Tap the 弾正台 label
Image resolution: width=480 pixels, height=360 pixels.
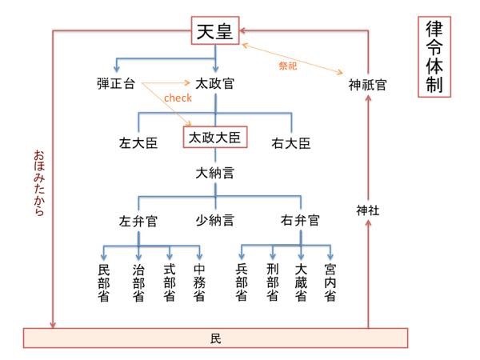[x=117, y=82]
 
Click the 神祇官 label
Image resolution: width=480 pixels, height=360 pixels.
[x=367, y=84]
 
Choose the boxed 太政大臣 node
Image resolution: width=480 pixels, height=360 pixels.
[x=215, y=138]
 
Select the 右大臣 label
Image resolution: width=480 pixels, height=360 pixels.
[x=291, y=144]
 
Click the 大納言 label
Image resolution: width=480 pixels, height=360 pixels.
[x=215, y=171]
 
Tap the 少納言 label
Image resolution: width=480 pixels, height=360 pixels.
[x=215, y=219]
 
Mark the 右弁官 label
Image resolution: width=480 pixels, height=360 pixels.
[x=300, y=219]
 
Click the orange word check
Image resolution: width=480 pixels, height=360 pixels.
[x=177, y=98]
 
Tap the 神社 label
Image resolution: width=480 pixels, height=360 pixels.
[x=368, y=210]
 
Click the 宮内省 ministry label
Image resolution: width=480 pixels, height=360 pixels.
[x=330, y=282]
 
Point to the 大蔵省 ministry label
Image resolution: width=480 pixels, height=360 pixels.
[x=301, y=282]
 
